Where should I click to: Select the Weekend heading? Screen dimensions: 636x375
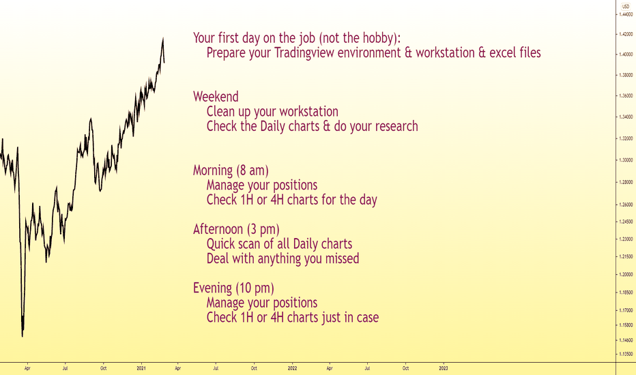point(216,97)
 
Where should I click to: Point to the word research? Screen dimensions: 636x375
point(396,126)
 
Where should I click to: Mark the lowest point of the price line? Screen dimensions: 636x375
point(23,337)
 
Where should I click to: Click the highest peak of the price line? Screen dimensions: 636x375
point(163,37)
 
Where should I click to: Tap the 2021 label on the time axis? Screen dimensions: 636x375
point(141,368)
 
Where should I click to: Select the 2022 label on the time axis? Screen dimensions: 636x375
point(292,368)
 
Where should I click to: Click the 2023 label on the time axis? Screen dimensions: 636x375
point(444,368)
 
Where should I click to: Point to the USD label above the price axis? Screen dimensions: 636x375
point(626,7)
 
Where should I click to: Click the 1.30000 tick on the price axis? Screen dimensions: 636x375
point(626,160)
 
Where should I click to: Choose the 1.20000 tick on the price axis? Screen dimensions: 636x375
point(626,275)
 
